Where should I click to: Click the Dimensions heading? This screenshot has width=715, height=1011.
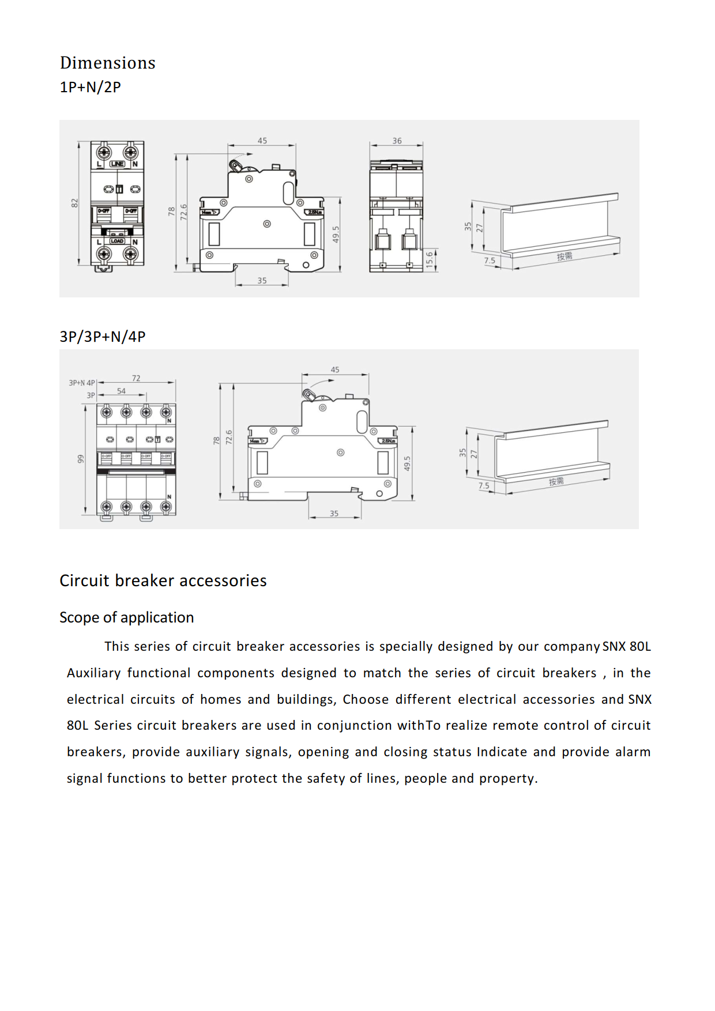(107, 63)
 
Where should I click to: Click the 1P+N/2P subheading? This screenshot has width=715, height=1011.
(91, 87)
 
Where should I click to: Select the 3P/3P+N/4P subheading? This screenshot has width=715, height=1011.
(103, 337)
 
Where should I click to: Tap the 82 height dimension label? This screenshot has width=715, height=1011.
(74, 203)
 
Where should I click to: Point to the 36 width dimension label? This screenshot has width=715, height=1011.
(397, 141)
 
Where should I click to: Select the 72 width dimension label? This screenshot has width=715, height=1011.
(136, 378)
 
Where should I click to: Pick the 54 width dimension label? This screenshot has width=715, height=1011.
(121, 391)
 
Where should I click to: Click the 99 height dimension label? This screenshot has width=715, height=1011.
(81, 459)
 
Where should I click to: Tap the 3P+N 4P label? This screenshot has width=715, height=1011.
(82, 383)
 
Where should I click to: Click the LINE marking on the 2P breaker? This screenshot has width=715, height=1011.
(118, 164)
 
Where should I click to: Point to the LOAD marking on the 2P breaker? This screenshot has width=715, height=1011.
(118, 241)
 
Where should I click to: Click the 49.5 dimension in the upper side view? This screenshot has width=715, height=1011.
(336, 234)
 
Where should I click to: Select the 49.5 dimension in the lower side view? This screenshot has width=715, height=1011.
(407, 463)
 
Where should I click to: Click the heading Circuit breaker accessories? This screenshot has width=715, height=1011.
(163, 580)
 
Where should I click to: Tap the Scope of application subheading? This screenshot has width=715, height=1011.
(127, 617)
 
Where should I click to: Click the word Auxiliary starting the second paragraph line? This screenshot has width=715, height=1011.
(93, 673)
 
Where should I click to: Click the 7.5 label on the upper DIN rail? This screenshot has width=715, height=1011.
(490, 261)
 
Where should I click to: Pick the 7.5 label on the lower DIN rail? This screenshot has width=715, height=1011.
(484, 486)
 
